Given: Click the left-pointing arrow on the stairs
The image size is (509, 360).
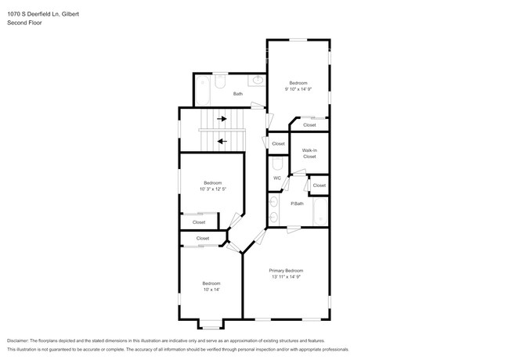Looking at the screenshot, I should pyautogui.click(x=222, y=142).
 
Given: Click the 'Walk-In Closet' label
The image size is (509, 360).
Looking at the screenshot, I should pyautogui.click(x=309, y=153).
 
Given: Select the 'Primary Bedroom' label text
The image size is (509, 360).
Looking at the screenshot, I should pyautogui.click(x=286, y=270).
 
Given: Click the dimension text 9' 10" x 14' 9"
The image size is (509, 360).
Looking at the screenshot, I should pyautogui.click(x=298, y=89).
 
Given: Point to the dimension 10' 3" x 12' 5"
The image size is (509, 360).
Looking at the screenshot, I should pyautogui.click(x=212, y=189).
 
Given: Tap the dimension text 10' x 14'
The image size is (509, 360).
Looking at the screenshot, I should pyautogui.click(x=211, y=290).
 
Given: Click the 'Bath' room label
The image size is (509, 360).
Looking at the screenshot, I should pyautogui.click(x=238, y=94).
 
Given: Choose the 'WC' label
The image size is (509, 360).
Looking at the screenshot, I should pyautogui.click(x=277, y=178).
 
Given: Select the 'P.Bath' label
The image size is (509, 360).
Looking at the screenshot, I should pyautogui.click(x=298, y=203).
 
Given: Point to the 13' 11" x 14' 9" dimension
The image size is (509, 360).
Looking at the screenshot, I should pyautogui.click(x=286, y=276).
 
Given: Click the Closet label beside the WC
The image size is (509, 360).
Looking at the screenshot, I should pyautogui.click(x=278, y=144).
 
